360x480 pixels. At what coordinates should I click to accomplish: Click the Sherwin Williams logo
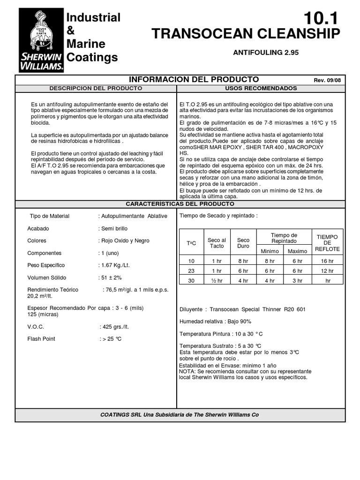click(x=41, y=41)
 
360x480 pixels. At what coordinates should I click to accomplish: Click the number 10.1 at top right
click(x=320, y=19)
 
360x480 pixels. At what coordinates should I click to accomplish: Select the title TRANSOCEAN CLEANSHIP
click(x=246, y=34)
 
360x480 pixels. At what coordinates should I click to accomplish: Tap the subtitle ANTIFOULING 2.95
click(x=266, y=52)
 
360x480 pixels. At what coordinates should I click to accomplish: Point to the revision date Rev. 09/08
click(x=327, y=80)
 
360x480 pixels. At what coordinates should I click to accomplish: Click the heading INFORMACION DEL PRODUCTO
click(x=193, y=79)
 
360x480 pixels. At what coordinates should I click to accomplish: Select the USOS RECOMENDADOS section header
click(x=261, y=88)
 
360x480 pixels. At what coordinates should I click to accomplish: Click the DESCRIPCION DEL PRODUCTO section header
click(x=96, y=88)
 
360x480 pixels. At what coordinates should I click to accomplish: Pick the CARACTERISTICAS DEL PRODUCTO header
click(x=180, y=204)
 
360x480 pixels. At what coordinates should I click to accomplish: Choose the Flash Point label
click(x=41, y=338)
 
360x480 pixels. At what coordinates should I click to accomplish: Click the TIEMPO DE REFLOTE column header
click(x=327, y=243)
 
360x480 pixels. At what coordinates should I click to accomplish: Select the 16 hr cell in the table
click(x=327, y=261)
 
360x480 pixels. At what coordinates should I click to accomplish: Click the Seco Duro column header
click(x=243, y=243)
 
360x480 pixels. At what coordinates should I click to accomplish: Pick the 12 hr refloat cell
click(x=327, y=271)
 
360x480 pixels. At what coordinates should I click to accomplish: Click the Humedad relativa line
click(x=216, y=322)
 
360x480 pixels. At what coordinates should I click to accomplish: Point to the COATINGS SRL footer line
click(x=180, y=415)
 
